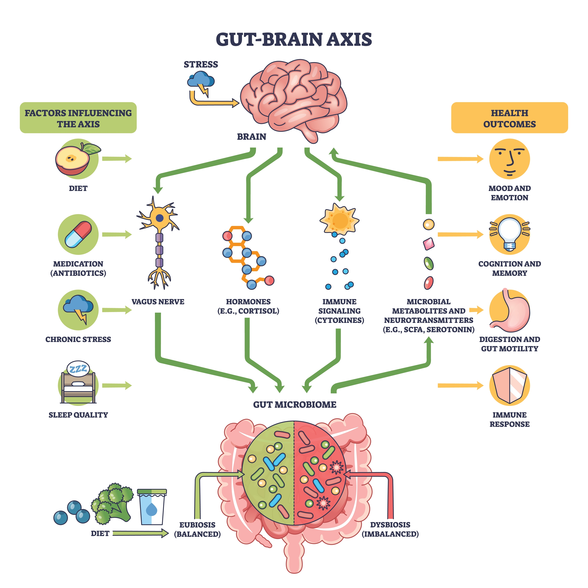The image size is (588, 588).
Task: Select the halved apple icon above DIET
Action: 78,159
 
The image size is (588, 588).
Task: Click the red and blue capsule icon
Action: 78,234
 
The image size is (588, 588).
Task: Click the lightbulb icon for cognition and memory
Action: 510,234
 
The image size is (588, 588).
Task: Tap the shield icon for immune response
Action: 510,385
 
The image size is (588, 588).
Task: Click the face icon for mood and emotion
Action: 510,159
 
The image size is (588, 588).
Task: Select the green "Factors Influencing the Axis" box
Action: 78,118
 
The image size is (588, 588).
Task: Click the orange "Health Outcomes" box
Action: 510,118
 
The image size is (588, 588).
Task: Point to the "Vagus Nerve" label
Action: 158,302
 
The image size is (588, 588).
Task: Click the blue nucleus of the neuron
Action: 159,218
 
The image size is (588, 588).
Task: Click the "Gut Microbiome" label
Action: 295,404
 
